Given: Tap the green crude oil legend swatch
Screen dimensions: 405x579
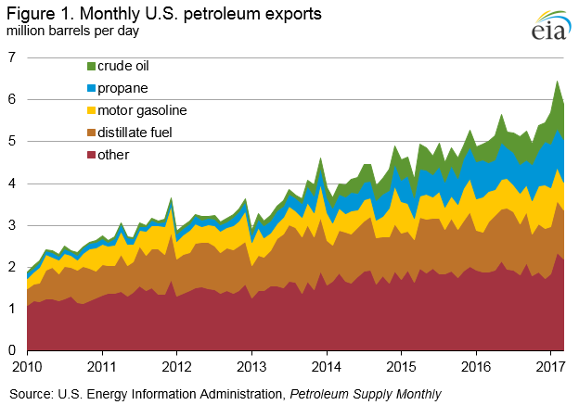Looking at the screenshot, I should (x=91, y=66).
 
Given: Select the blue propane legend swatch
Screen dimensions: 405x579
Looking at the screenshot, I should (x=91, y=88).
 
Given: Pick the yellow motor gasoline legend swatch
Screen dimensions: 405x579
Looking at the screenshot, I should (x=91, y=110).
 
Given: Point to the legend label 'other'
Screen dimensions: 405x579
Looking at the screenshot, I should (x=119, y=155).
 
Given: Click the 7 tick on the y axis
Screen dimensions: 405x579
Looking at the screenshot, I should (x=11, y=57).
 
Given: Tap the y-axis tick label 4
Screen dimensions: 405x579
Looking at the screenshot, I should (x=11, y=184).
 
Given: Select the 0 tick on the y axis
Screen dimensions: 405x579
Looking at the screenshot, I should (x=11, y=351).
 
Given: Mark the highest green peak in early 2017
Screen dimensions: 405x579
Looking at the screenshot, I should (x=558, y=82).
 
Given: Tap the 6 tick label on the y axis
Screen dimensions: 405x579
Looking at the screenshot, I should (x=11, y=99).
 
